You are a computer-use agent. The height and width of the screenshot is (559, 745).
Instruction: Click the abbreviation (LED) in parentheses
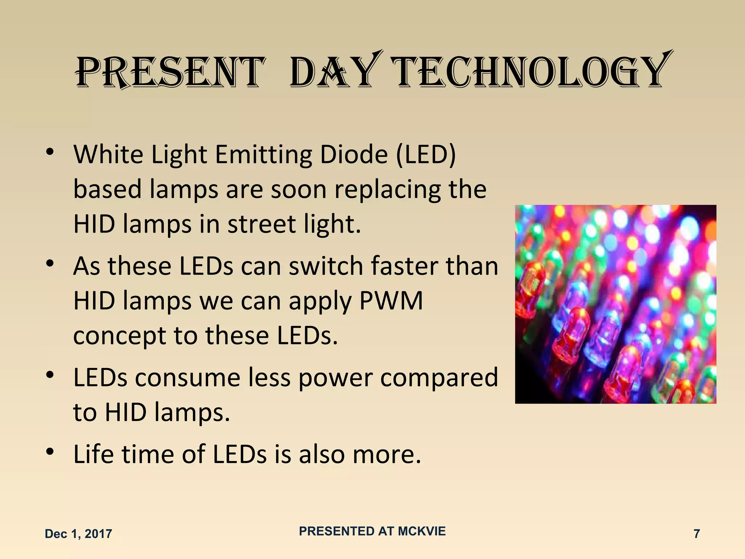pos(426,155)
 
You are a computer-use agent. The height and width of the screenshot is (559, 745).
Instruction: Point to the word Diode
pos(354,155)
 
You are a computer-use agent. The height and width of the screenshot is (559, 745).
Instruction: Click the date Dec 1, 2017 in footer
pos(78,534)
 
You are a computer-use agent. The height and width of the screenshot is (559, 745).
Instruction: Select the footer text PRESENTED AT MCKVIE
pos(372,531)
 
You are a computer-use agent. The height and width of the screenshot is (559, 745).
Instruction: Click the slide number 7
pos(697,534)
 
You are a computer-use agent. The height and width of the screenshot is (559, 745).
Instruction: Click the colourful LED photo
pos(615,304)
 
